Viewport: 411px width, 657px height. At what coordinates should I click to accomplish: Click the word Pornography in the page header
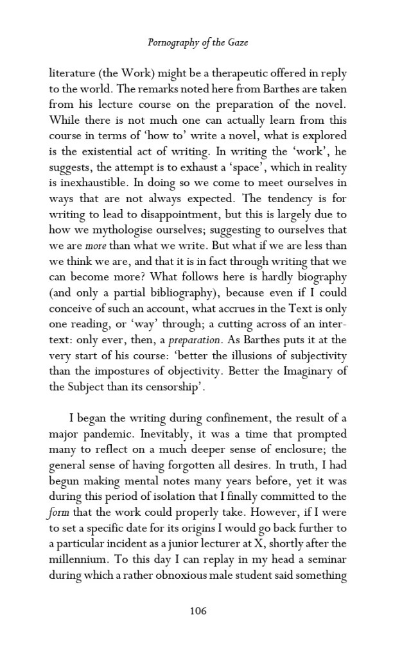coord(170,43)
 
